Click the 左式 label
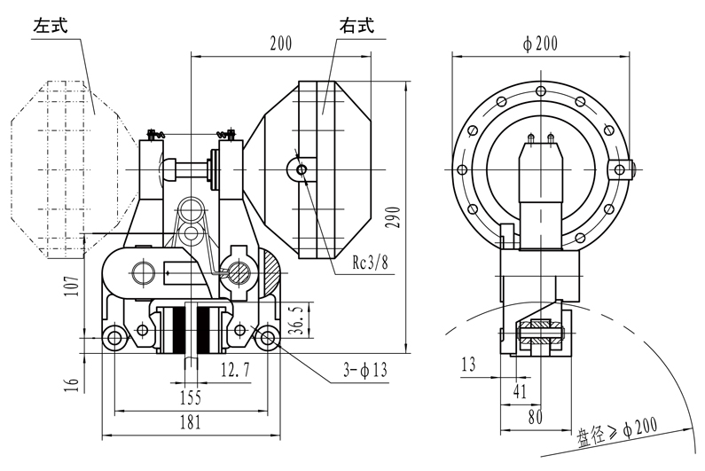(52, 26)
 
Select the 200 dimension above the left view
(281, 43)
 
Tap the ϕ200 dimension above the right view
(540, 43)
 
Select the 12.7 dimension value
(234, 365)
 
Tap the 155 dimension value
(188, 396)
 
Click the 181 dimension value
(188, 422)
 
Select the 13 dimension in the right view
(468, 364)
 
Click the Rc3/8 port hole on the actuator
(302, 169)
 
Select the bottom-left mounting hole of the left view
(113, 337)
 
